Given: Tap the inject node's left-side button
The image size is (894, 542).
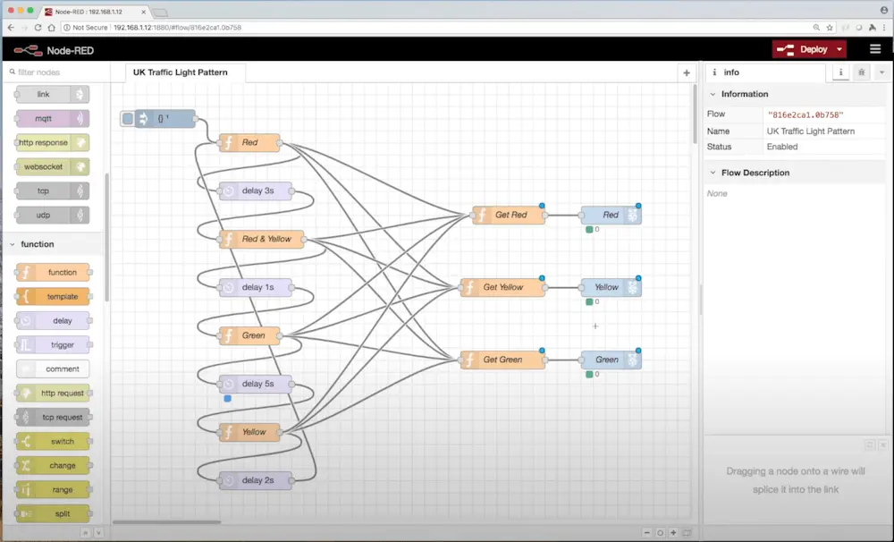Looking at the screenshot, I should point(128,118).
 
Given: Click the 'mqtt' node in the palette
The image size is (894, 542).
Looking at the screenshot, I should point(53,118).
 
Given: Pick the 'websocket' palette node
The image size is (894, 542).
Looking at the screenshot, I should point(53,166).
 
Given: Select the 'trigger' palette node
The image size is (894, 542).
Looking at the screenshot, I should point(53,344).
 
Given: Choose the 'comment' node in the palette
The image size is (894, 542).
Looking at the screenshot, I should point(53,368).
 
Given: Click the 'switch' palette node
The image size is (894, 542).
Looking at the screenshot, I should point(53,441).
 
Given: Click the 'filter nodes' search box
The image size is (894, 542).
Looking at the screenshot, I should point(55,72).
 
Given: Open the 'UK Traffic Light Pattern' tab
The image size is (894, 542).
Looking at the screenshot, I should point(181,72).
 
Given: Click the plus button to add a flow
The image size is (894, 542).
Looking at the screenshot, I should point(687,72).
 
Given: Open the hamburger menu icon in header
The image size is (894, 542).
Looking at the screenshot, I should point(875,49).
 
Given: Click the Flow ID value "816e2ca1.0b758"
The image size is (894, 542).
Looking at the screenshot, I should point(805,114).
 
